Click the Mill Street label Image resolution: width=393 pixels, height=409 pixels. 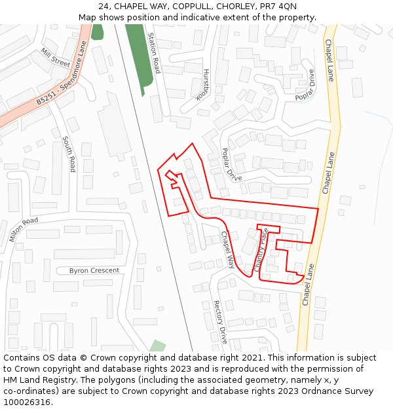point(55,58)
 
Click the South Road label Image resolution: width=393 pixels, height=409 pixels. point(69,154)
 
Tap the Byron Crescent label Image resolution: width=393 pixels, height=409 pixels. point(94,270)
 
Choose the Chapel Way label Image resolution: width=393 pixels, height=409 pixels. point(227,249)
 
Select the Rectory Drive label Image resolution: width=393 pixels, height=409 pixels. point(219,322)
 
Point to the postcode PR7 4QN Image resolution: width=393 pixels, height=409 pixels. point(278,7)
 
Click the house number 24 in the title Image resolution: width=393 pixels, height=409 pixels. point(103,7)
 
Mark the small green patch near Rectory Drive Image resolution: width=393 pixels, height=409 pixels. point(157,346)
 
